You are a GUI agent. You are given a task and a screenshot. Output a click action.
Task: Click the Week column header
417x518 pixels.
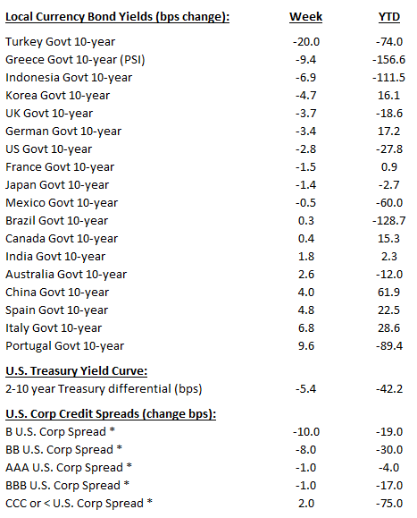click(305, 17)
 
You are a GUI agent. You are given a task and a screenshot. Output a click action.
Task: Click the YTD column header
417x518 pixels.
click(387, 17)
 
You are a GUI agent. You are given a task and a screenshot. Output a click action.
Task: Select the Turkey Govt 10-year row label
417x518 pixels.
click(60, 42)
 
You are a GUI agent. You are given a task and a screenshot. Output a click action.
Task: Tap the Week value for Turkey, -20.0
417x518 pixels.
click(306, 42)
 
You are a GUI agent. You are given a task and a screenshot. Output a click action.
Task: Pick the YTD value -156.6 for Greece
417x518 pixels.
click(386, 60)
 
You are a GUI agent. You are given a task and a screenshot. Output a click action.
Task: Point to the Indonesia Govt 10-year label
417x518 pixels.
click(69, 77)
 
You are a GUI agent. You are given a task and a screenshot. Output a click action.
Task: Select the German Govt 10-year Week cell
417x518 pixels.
click(307, 132)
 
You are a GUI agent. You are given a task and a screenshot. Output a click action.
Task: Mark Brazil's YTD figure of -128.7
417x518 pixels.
click(386, 220)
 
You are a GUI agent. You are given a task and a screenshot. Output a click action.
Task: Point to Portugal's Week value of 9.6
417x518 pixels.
click(308, 345)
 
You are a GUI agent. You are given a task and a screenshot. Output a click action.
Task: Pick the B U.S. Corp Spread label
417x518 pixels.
click(60, 431)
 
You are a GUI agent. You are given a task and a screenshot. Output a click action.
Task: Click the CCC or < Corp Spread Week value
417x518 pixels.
click(308, 503)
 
